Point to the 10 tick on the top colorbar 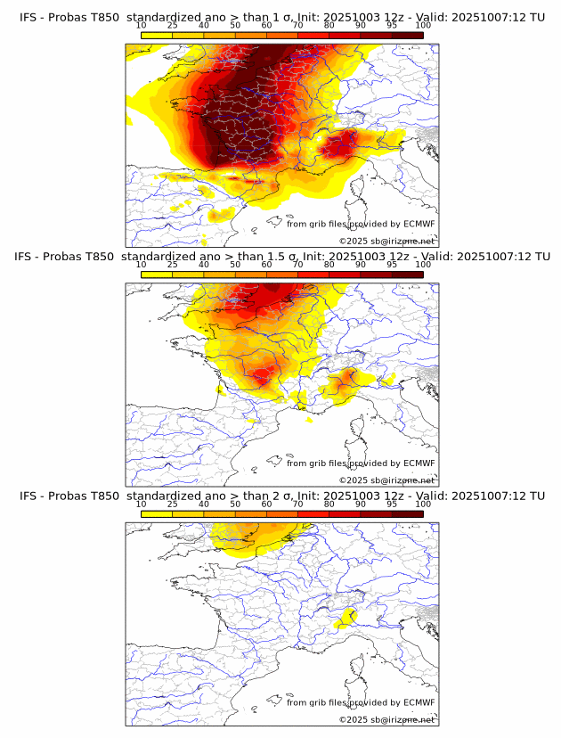pyautogui.click(x=142, y=26)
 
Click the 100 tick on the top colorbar pyautogui.click(x=423, y=26)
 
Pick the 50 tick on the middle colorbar pyautogui.click(x=235, y=265)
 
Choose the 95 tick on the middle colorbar pyautogui.click(x=392, y=265)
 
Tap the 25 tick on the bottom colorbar pyautogui.click(x=173, y=504)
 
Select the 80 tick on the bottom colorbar pyautogui.click(x=329, y=504)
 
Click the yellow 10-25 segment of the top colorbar pyautogui.click(x=157, y=35)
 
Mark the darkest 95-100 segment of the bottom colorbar pyautogui.click(x=408, y=513)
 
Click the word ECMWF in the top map pyautogui.click(x=419, y=224)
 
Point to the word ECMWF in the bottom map pyautogui.click(x=419, y=702)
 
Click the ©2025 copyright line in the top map pyautogui.click(x=386, y=241)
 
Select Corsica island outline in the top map pyautogui.click(x=361, y=188)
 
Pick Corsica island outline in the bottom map pyautogui.click(x=361, y=667)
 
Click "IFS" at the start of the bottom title pyautogui.click(x=28, y=496)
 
